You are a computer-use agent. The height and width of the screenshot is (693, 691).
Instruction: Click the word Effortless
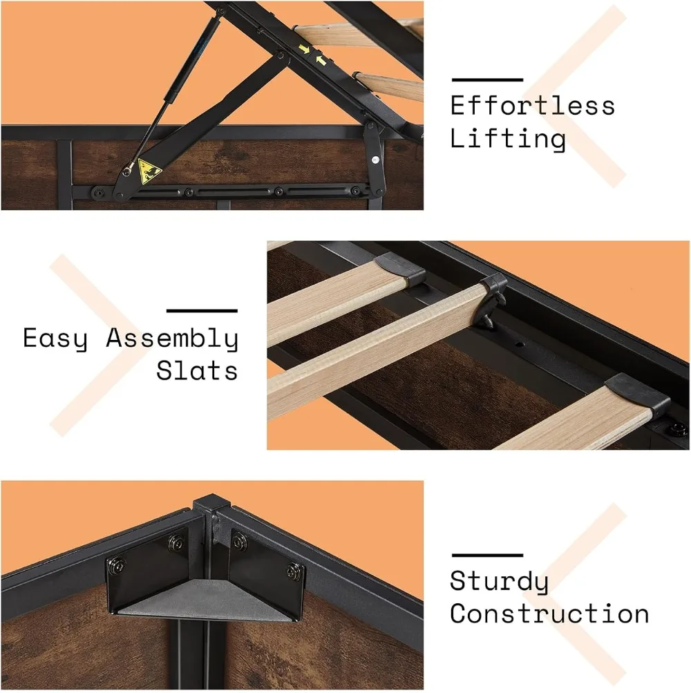[x=532, y=106]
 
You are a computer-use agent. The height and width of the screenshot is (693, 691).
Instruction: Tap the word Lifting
[x=508, y=138]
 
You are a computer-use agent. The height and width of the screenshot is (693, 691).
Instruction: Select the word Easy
[x=55, y=339]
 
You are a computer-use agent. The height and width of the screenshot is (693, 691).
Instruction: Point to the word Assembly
[x=172, y=339]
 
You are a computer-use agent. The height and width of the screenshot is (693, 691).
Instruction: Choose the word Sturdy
[x=499, y=582]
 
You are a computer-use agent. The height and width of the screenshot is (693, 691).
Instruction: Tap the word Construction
[x=549, y=614]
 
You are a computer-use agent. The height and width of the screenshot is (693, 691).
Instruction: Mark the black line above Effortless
[x=486, y=79]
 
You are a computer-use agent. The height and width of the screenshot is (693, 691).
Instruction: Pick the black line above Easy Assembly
[x=202, y=311]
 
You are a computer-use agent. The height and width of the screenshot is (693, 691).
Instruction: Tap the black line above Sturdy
[x=486, y=555]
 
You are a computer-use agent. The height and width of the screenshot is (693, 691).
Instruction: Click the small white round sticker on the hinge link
[x=375, y=159]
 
